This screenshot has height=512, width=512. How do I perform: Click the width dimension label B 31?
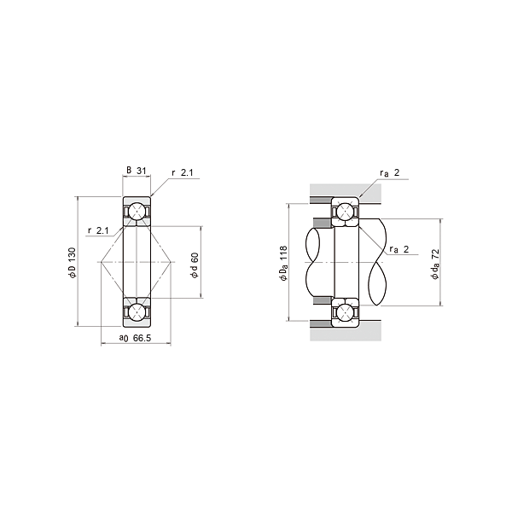click(x=137, y=171)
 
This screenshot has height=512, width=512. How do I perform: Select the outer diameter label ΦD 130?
click(x=73, y=263)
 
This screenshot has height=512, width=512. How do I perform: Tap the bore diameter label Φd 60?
click(x=195, y=265)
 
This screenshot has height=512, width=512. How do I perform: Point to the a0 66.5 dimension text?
click(x=135, y=338)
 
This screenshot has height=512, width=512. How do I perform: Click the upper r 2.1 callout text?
click(x=183, y=172)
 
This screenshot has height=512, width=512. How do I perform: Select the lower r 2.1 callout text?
click(x=98, y=230)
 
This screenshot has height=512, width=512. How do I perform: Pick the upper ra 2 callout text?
click(x=390, y=172)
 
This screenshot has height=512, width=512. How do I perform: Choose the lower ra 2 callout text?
click(x=399, y=249)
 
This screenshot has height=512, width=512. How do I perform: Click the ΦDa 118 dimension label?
click(x=283, y=263)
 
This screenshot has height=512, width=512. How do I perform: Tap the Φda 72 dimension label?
click(x=435, y=264)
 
